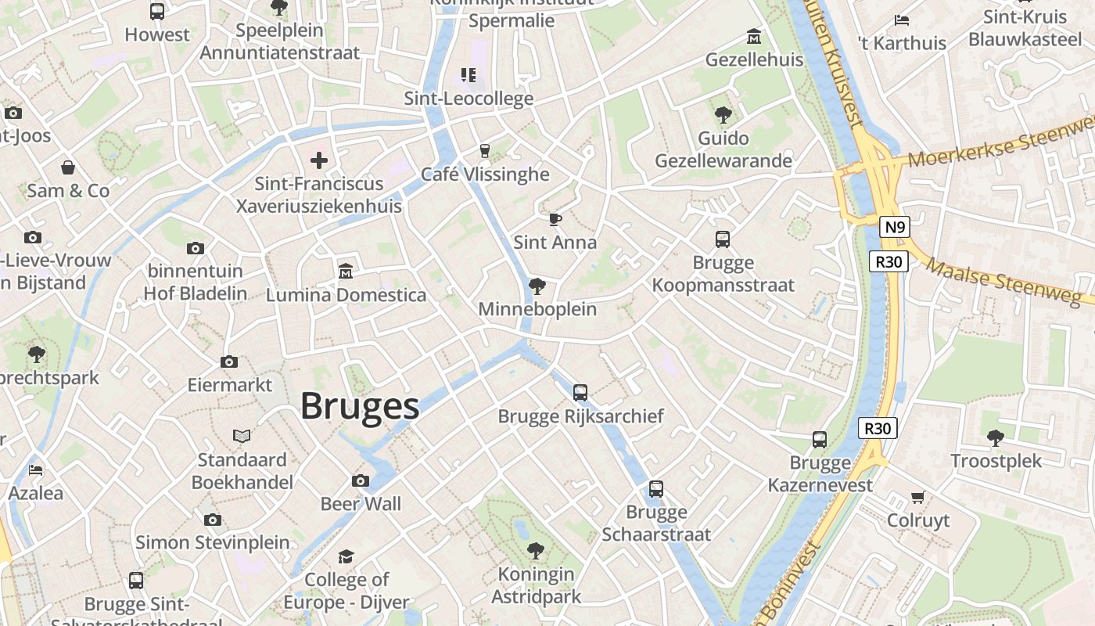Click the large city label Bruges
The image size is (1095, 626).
360,407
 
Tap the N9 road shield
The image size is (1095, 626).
895,228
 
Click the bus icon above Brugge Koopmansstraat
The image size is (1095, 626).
723,239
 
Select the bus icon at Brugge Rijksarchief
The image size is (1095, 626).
580,393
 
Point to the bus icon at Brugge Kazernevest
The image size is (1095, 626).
820,440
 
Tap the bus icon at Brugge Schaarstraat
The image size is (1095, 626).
656,489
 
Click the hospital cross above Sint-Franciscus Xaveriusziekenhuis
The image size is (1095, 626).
319,160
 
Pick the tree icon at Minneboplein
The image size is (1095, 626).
537,286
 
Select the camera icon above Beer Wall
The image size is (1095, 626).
361,480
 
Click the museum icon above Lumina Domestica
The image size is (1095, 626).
346,271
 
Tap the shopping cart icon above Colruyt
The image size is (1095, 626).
918,497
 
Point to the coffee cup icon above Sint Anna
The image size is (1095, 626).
555,219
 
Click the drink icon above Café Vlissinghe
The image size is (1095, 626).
485,150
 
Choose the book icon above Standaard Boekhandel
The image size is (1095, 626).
242,436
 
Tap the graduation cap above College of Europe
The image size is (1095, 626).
346,556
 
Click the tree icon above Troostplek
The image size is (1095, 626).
995,437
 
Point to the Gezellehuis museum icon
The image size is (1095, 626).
754,36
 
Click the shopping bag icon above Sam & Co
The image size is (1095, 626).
69,167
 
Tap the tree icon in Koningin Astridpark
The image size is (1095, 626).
536,551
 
